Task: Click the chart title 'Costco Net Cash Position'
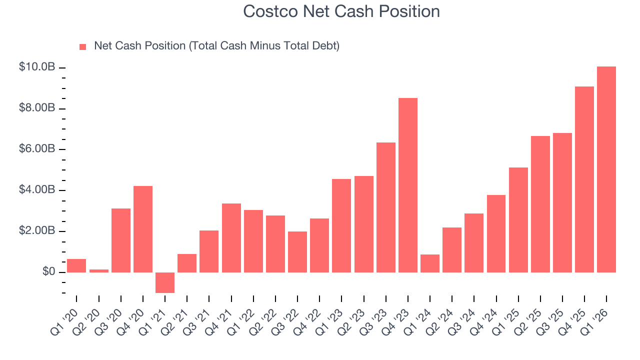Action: [341, 11]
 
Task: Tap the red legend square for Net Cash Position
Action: [83, 46]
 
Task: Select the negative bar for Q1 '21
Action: [165, 282]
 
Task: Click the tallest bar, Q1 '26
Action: [606, 169]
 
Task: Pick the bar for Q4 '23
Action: [408, 185]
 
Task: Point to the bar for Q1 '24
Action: [430, 263]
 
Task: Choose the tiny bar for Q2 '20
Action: [98, 271]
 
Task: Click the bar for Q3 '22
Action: [297, 252]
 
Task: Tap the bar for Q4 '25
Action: [584, 179]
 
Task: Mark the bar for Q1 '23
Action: [341, 225]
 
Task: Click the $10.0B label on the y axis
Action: [37, 67]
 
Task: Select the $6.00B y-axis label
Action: [37, 149]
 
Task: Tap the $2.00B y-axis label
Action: [37, 231]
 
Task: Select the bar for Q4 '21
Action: [231, 238]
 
